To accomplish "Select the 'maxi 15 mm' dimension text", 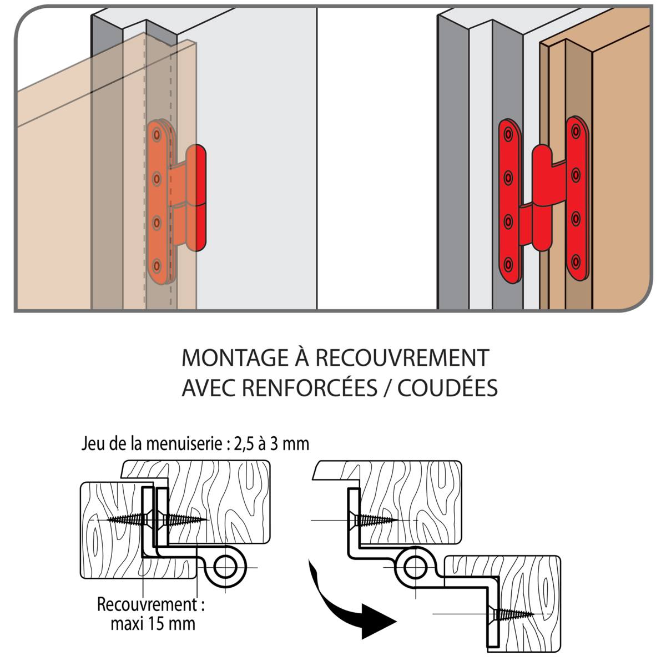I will tap(153, 623).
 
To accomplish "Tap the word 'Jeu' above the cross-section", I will tap(92, 444).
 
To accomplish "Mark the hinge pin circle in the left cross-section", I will tap(225, 567).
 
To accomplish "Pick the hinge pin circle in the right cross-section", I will tap(414, 567).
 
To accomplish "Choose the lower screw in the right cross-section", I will tap(511, 614).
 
